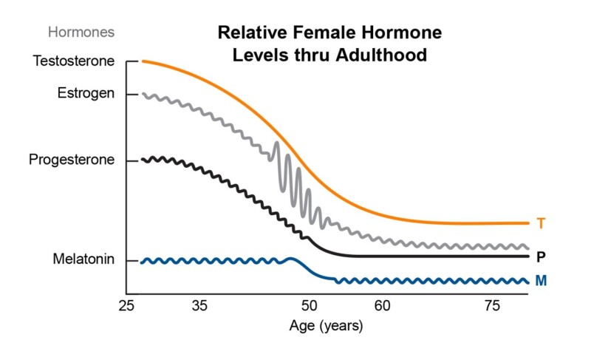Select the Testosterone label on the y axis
click(x=74, y=61)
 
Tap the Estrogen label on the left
click(x=86, y=94)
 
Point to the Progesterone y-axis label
click(x=72, y=160)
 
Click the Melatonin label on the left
click(x=83, y=260)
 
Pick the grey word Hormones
click(x=81, y=32)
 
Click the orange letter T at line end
click(x=541, y=223)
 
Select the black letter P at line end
click(x=541, y=257)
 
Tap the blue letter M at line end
click(x=541, y=282)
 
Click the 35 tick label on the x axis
click(x=199, y=305)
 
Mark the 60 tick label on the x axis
click(x=381, y=305)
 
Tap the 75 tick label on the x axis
click(x=491, y=305)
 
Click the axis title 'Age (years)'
click(x=327, y=325)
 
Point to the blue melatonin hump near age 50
click(x=290, y=259)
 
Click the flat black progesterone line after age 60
click(x=443, y=257)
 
